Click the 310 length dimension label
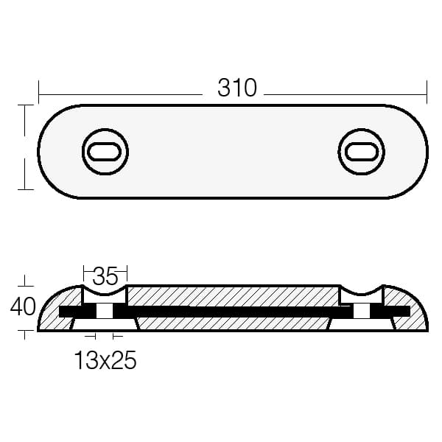tap(237, 88)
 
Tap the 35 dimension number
tap(105, 276)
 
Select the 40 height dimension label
tap(23, 306)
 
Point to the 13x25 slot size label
tap(105, 360)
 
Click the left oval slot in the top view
tap(104, 152)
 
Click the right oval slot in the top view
tap(362, 152)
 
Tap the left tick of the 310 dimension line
tap(38, 92)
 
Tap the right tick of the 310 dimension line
tap(427, 92)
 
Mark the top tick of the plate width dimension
tap(25, 105)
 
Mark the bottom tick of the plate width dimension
tap(25, 189)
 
